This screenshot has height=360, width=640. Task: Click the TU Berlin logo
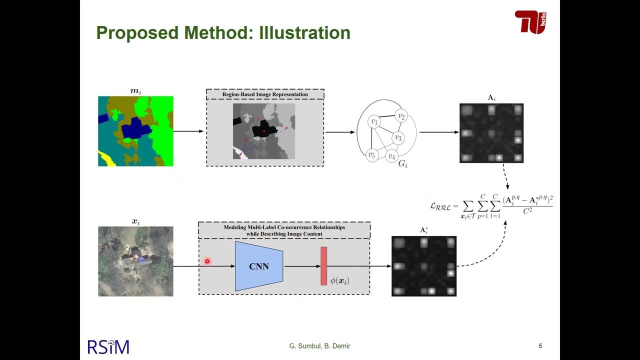pos(530,22)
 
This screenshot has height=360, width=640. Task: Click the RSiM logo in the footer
pos(108,346)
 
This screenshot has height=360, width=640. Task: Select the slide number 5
pos(540,346)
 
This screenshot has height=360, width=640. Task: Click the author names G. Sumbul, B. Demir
pos(319,346)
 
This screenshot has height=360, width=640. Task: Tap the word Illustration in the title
pos(304,33)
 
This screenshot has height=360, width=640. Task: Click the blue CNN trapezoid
pos(259,266)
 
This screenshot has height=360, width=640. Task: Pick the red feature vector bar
pos(323,266)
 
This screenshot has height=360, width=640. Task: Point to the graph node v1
pos(373,121)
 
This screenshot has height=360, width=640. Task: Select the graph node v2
pos(400,116)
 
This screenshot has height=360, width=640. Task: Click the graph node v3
pos(398,137)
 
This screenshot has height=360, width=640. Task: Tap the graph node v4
pos(391,156)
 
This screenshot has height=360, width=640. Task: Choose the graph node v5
pos(371,155)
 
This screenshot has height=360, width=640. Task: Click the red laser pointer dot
pos(207,261)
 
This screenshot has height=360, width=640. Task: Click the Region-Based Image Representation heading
pos(265,94)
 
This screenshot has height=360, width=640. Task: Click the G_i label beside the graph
pos(403,163)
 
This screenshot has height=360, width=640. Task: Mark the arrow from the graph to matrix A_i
pos(438,132)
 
